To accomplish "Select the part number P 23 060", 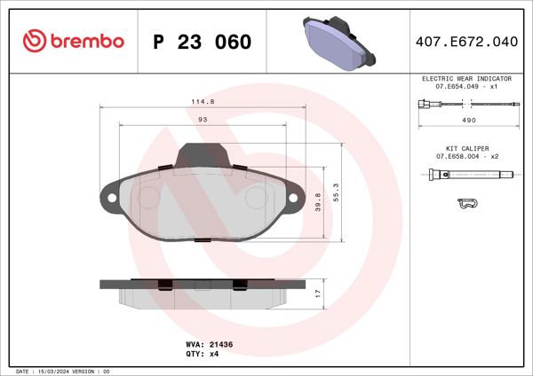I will [x=202, y=42].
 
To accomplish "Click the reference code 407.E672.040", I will [x=467, y=42].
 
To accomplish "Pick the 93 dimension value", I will [x=203, y=119].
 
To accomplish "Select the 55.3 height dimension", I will [x=335, y=192].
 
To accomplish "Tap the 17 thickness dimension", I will [x=317, y=292].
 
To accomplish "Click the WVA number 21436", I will [x=220, y=342].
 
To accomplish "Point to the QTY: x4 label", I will [x=201, y=353].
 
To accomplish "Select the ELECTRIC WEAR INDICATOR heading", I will [x=467, y=79].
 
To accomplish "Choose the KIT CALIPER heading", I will [x=467, y=148].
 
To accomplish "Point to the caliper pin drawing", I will [x=467, y=176].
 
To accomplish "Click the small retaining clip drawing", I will [x=466, y=204].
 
